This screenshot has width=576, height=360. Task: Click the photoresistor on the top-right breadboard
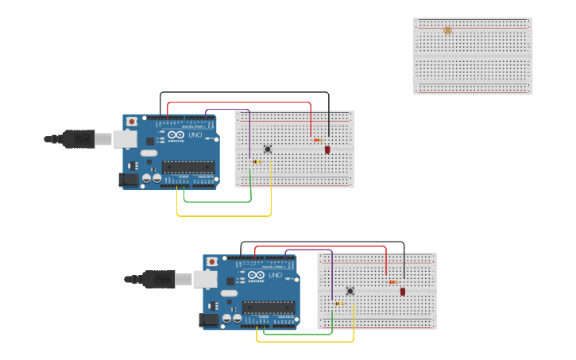[447, 30]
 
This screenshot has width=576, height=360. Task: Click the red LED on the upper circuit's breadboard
[327, 149]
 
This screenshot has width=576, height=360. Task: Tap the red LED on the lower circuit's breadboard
[403, 292]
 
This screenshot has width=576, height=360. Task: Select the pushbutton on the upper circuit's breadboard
[268, 149]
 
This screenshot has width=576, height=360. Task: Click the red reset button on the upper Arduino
[131, 122]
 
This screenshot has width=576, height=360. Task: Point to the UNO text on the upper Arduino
[195, 134]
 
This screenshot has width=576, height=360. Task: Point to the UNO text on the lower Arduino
[275, 275]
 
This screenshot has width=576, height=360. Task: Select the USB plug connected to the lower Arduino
[159, 279]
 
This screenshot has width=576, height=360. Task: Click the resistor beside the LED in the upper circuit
[318, 140]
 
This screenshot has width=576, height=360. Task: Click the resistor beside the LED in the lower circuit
[393, 281]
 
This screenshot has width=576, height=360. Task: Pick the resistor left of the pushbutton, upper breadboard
[256, 161]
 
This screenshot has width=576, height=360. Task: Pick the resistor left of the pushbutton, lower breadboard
[339, 303]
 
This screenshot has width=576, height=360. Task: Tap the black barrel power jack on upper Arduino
[129, 180]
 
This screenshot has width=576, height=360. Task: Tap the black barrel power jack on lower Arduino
[208, 319]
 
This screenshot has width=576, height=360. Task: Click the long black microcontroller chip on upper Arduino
[188, 167]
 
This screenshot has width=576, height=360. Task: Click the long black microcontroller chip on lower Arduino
[269, 308]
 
